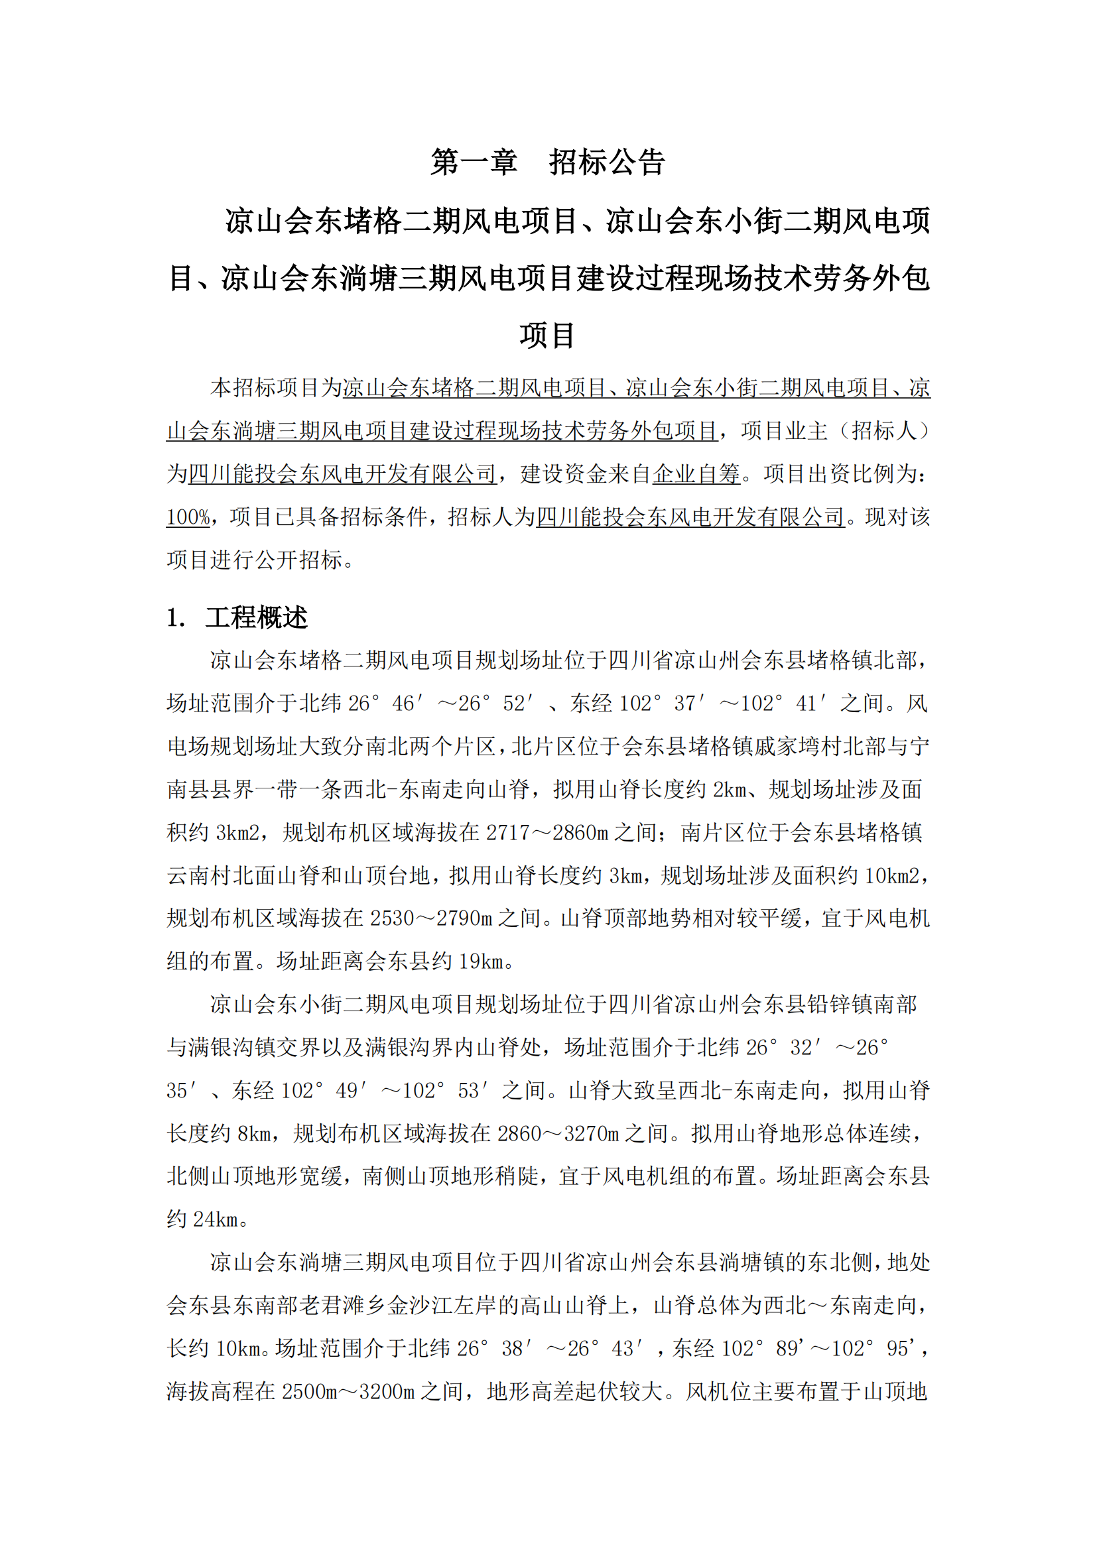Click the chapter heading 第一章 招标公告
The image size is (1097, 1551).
coord(548,162)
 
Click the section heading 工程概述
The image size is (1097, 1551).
coord(256,617)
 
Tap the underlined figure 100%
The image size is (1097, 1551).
coord(188,517)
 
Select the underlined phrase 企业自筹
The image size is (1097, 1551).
coord(696,474)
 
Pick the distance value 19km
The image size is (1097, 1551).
coord(481,962)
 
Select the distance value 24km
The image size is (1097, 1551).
coord(216,1219)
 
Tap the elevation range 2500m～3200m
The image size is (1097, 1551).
coord(348,1392)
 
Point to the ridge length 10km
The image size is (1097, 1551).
coord(239,1348)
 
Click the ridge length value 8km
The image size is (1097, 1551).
coord(255,1133)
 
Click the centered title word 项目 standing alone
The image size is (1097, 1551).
coord(547,336)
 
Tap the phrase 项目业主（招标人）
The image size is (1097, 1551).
coord(835,431)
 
